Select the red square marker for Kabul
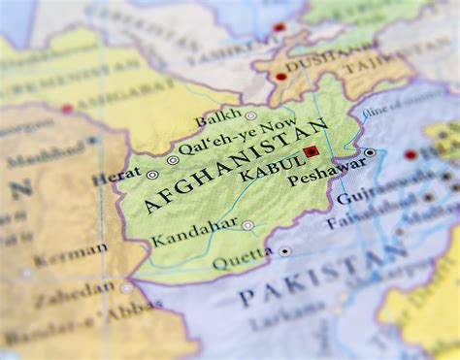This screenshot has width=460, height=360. (x=312, y=152)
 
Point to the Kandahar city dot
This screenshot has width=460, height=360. (x=247, y=225)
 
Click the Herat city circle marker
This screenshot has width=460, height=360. (x=151, y=175)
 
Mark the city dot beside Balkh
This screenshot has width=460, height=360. (x=250, y=115)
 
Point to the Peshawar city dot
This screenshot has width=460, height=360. (x=370, y=152)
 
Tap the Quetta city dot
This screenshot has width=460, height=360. (x=284, y=250)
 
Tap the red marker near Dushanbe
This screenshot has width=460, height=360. (x=281, y=76)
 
